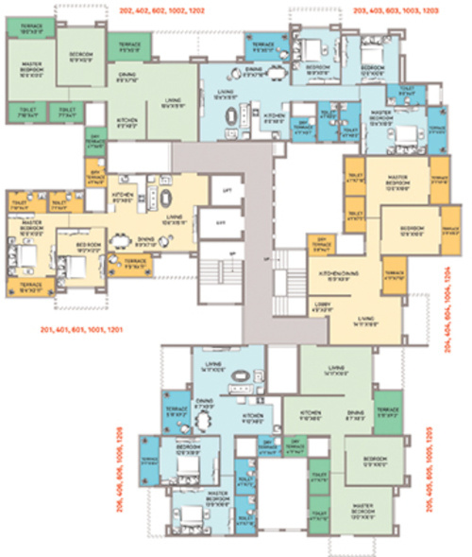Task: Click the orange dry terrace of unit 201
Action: pyautogui.click(x=94, y=183)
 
